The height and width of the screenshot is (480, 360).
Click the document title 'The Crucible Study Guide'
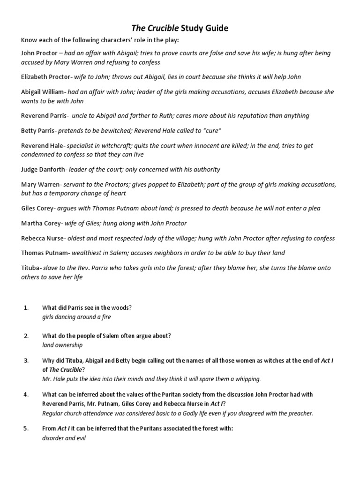pos(180,29)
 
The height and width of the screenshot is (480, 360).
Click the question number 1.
pos(26,307)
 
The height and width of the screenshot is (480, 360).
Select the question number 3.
pos(26,360)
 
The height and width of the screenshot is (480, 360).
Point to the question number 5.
pos(26,428)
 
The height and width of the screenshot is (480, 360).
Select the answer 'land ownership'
pos(62,345)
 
